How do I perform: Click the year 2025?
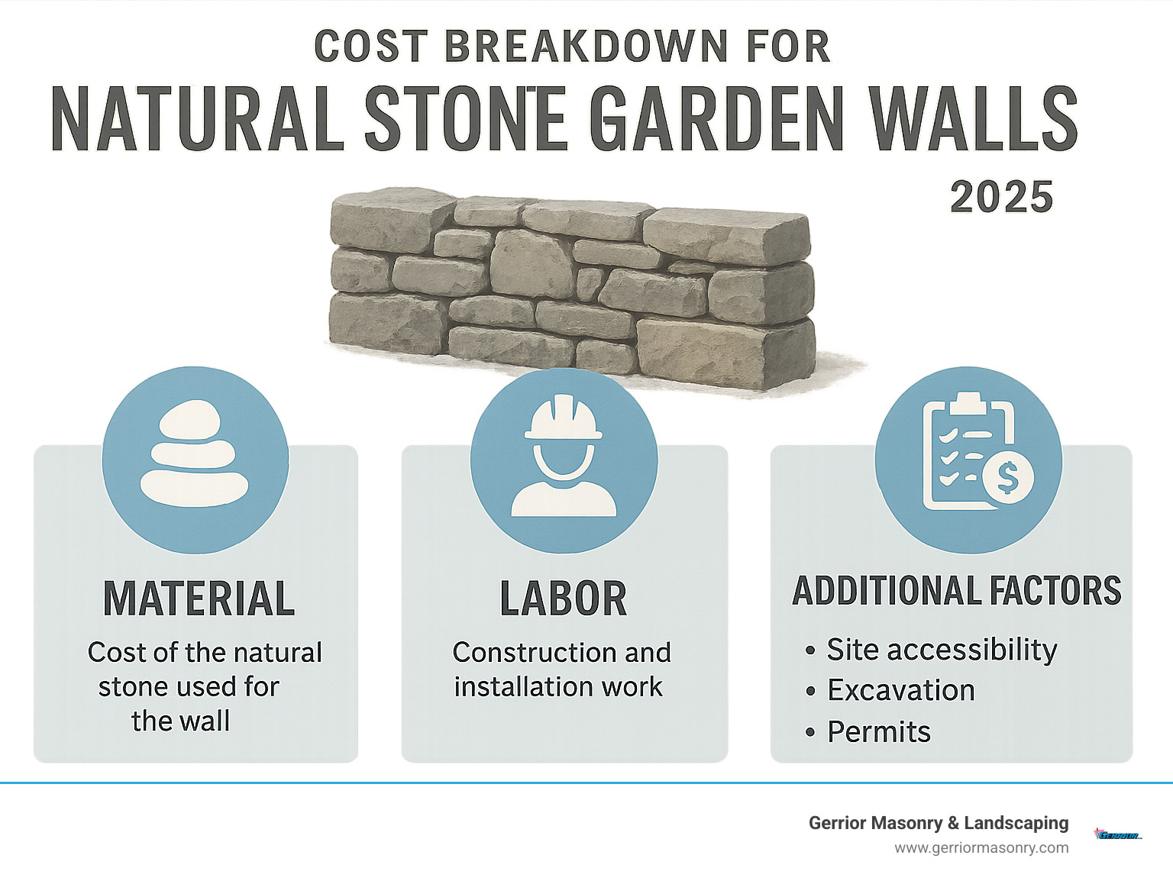point(1001,197)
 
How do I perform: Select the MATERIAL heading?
point(199,599)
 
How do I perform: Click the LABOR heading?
point(564,599)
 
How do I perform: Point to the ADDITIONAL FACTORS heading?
point(956,591)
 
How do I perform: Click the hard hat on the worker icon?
point(564,418)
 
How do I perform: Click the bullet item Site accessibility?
point(941,650)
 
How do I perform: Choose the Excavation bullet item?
point(900,690)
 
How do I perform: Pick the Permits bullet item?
point(879,731)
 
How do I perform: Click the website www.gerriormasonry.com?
point(981,847)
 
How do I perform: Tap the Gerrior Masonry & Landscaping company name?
point(939,823)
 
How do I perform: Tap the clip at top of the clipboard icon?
point(968,402)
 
